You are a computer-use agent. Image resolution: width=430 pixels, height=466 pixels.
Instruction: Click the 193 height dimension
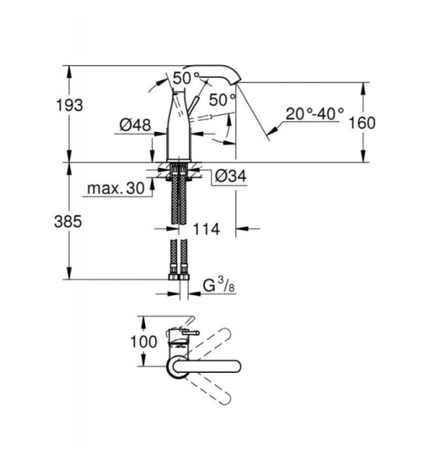point(70,105)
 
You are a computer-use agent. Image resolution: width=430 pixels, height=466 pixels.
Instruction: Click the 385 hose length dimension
point(68,221)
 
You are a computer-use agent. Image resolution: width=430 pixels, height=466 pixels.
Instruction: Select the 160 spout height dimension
point(362,123)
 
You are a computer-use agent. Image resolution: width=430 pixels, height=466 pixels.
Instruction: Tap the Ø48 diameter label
point(135,125)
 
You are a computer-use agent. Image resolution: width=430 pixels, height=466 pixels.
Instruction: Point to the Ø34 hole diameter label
point(231,176)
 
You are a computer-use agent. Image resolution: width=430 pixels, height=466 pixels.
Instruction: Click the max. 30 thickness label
point(116,188)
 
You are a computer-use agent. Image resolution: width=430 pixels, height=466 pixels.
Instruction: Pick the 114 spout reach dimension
point(206,229)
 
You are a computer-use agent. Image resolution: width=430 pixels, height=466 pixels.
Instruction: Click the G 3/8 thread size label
point(219,285)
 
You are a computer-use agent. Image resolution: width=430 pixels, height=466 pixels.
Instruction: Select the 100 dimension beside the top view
point(144,342)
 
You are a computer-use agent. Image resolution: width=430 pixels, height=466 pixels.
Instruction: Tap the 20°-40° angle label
point(315,113)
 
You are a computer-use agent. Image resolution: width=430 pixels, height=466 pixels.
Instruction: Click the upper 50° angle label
point(186,78)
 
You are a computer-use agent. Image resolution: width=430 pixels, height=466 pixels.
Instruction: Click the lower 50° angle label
point(223,99)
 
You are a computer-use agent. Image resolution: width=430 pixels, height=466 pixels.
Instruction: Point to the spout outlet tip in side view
point(238,82)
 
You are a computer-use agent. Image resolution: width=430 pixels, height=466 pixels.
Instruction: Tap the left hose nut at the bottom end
point(173,277)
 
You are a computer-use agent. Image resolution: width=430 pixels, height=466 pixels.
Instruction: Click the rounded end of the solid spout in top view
point(237,366)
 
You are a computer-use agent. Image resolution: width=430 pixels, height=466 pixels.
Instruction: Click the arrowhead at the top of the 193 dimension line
point(69,71)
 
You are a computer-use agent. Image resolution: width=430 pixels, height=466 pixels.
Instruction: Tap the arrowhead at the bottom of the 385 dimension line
point(69,273)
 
